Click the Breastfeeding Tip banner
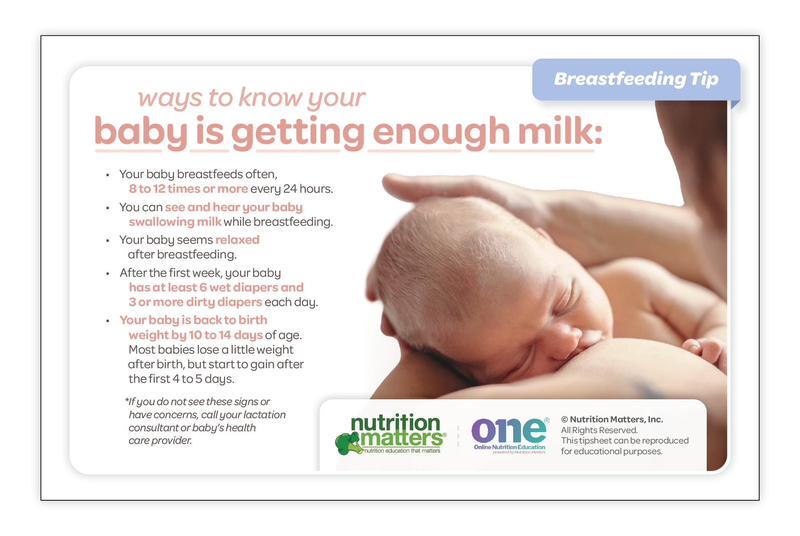pos(636,79)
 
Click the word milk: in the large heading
pos(560,131)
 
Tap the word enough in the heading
pos(441,133)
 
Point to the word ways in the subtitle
pos(170,99)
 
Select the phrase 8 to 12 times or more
pos(188,189)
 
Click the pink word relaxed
pos(237,240)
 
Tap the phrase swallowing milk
pos(175,222)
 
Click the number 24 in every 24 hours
pos(290,189)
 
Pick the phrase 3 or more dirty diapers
pos(195,302)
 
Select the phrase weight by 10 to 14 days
pos(196,335)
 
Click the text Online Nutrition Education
pos(509,447)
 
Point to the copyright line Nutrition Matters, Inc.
pos(612,419)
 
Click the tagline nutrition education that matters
pos(402,451)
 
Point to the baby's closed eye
pos(568,303)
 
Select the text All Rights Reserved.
pos(599,430)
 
